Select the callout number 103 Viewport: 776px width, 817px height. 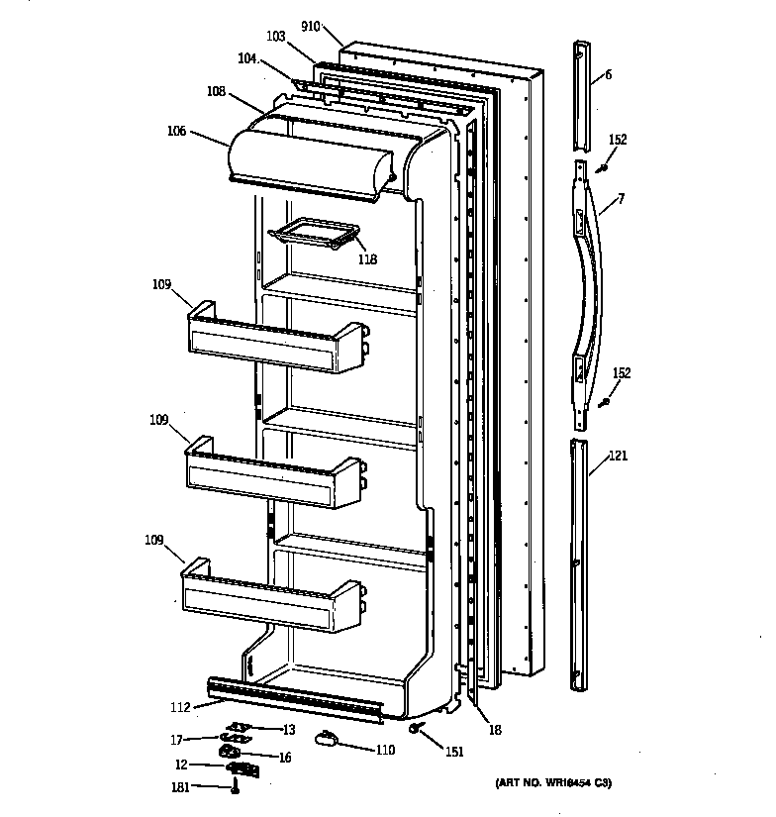pyautogui.click(x=275, y=37)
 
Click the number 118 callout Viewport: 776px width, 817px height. pyautogui.click(x=367, y=260)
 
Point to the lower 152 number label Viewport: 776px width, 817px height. pyautogui.click(x=622, y=373)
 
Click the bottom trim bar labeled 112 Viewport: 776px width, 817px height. pyautogui.click(x=294, y=698)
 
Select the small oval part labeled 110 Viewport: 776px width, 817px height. pyautogui.click(x=328, y=738)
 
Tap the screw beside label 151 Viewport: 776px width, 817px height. pyautogui.click(x=419, y=730)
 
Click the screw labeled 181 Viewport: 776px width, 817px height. pyautogui.click(x=236, y=788)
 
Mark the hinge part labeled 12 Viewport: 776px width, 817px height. pyautogui.click(x=242, y=767)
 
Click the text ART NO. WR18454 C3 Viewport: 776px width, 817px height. pyautogui.click(x=553, y=784)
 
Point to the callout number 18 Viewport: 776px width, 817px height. pyautogui.click(x=494, y=730)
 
